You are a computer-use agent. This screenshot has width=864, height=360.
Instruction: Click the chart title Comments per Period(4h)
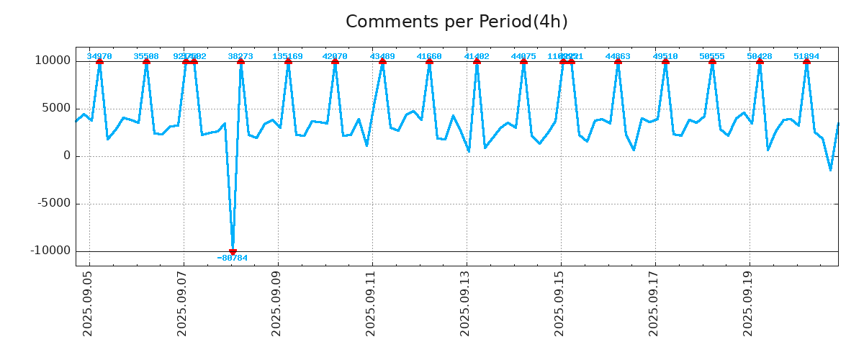(456, 22)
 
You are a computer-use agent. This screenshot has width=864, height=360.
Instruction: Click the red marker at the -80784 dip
(233, 251)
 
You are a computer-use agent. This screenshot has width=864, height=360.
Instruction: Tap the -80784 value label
(233, 258)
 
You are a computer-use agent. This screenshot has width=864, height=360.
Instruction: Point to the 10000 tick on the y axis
(53, 60)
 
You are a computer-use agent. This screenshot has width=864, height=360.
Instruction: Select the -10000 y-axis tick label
(50, 251)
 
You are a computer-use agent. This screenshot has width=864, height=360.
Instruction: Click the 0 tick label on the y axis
(67, 156)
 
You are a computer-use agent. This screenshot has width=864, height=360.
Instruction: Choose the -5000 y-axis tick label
(53, 203)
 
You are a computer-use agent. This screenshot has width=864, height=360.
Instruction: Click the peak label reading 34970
(99, 56)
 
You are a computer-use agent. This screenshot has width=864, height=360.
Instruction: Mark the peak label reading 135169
(287, 56)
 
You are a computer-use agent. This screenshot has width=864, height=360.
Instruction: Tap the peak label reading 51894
(806, 56)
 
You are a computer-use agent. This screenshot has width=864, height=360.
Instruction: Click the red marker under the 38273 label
(240, 61)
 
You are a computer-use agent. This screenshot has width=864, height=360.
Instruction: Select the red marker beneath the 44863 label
(618, 61)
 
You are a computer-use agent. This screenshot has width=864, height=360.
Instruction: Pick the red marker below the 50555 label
(712, 61)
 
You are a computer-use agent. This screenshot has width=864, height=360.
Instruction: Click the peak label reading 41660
(429, 56)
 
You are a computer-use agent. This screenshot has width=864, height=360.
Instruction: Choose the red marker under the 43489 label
(382, 61)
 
